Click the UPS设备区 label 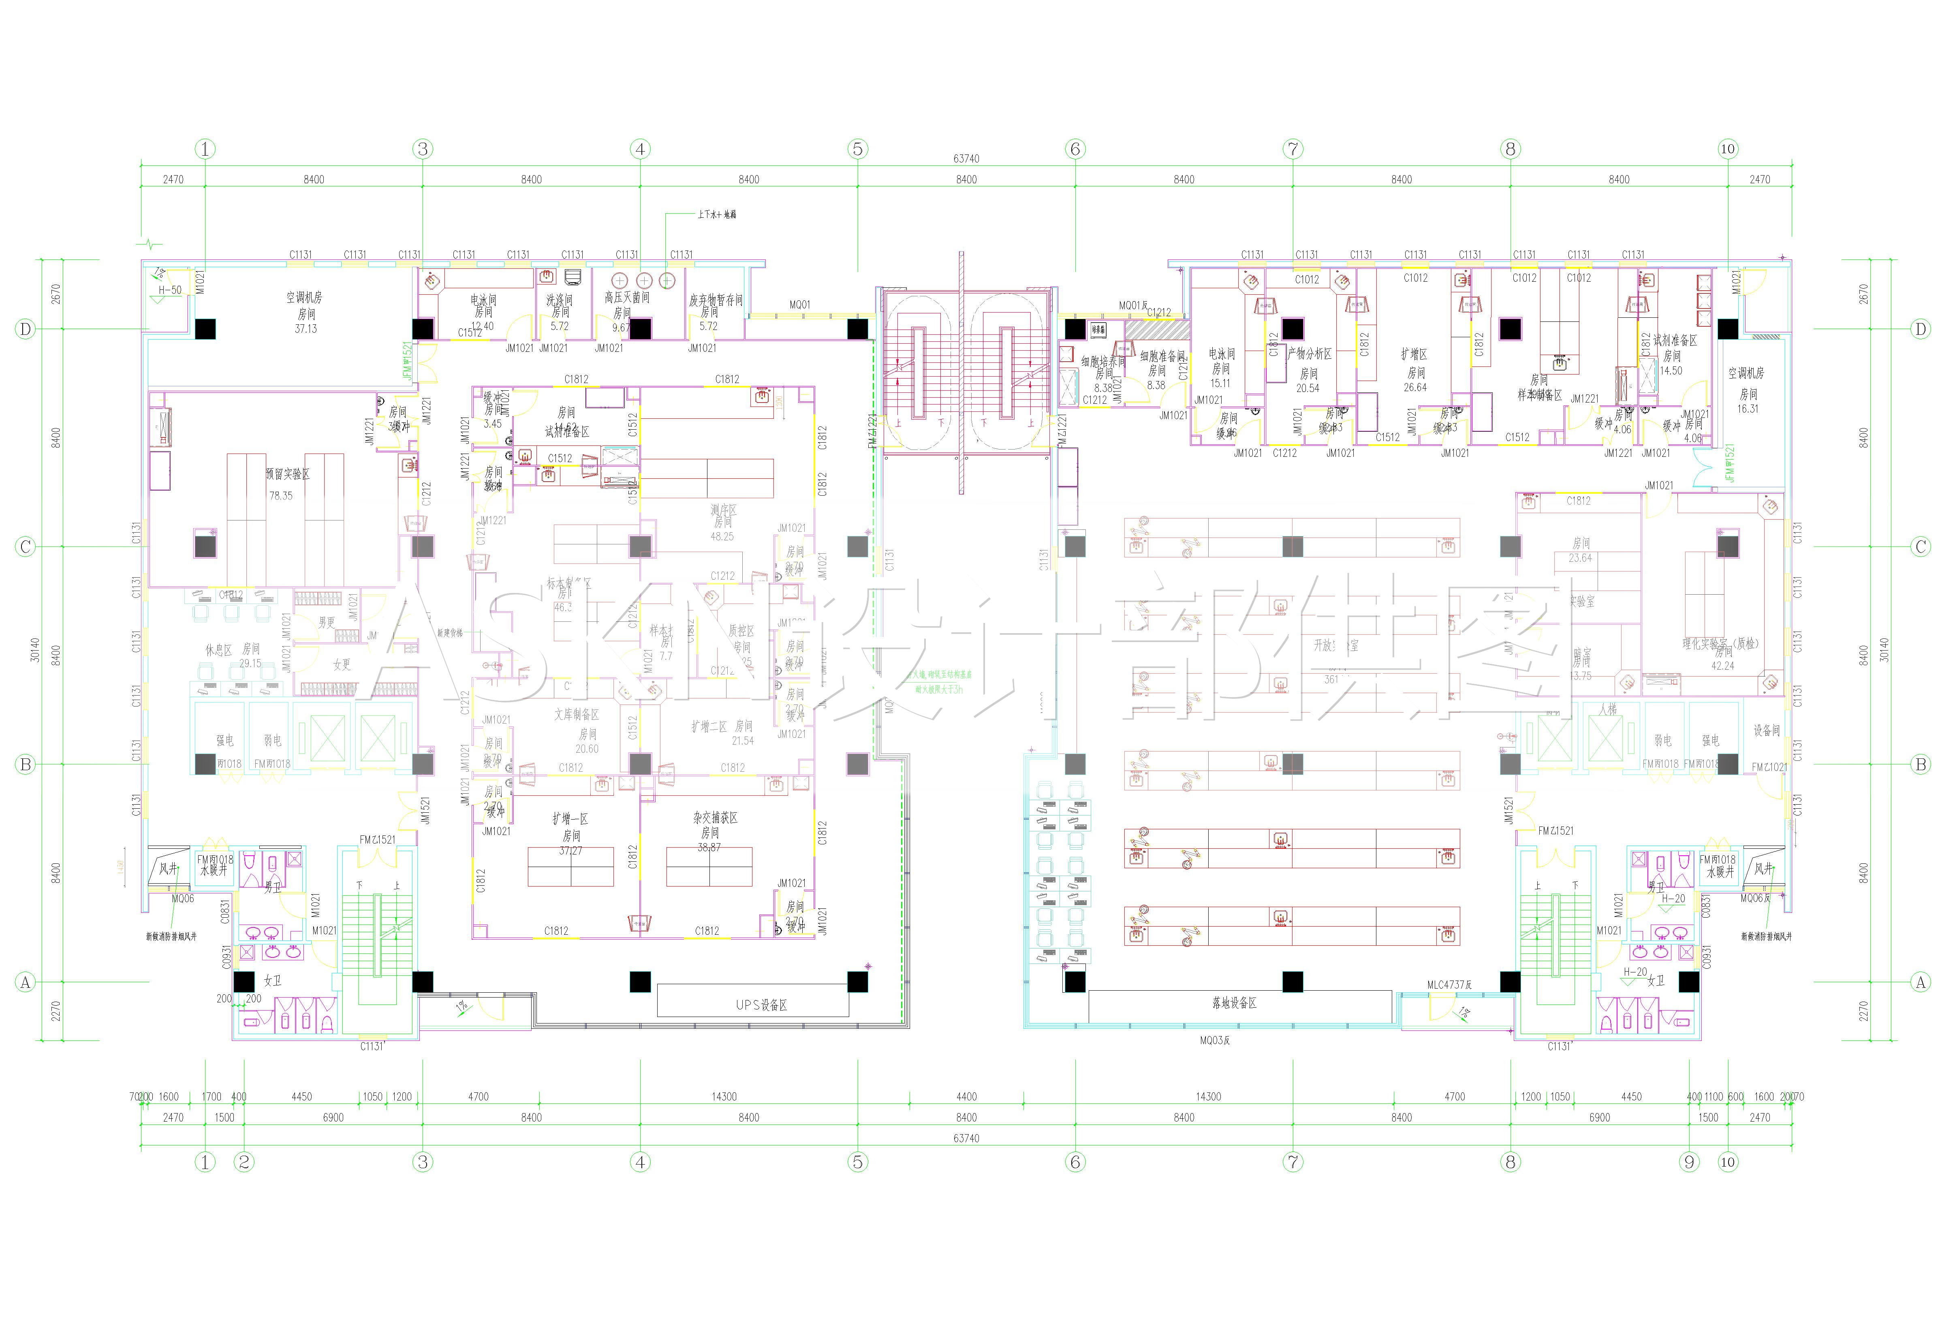761,1004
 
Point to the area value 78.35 281,495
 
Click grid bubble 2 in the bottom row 244,1162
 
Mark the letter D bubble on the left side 25,329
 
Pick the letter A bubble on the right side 1921,982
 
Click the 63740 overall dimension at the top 966,158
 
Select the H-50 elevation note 170,290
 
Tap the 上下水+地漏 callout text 716,214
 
